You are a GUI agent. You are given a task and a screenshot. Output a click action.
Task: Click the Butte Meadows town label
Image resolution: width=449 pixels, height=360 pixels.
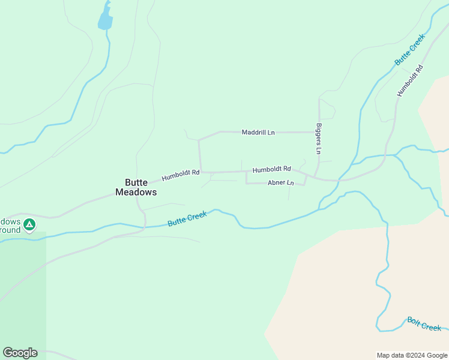click(136, 187)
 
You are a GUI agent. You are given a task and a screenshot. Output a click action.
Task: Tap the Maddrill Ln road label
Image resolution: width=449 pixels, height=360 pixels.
click(258, 132)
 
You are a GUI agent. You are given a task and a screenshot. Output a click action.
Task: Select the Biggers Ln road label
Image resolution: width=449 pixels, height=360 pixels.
click(319, 137)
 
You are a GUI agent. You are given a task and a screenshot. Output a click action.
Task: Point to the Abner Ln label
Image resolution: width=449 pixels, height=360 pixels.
click(281, 182)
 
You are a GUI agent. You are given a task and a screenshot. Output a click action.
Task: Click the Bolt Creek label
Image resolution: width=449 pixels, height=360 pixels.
click(424, 324)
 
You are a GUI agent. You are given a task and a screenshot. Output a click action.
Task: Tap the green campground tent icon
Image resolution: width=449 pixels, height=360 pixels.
click(29, 226)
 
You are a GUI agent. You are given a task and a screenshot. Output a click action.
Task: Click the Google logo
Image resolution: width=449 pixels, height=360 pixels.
click(20, 353)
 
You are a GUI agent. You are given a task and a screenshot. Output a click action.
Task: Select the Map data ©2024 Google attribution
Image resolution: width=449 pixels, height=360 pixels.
click(412, 355)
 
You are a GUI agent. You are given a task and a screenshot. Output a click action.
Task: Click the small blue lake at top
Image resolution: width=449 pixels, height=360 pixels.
click(106, 20)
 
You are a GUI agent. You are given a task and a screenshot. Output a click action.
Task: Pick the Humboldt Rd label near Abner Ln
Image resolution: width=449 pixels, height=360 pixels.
click(271, 170)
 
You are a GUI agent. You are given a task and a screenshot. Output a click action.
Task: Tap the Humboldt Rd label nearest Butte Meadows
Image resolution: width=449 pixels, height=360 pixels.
click(180, 175)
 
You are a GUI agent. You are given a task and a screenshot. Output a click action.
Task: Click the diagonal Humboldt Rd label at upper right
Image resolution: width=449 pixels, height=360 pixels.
click(410, 80)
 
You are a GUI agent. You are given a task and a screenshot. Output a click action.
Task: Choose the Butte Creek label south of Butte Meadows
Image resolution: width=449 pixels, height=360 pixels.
click(187, 218)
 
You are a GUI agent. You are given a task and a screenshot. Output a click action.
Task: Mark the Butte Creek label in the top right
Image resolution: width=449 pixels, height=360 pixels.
click(409, 50)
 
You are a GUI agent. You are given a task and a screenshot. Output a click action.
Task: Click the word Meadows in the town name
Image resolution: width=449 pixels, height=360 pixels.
click(136, 193)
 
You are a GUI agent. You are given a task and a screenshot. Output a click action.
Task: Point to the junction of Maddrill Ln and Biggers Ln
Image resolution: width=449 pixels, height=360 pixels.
click(319, 132)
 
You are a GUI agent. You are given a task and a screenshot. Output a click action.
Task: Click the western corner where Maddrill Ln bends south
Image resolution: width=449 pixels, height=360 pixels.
click(199, 140)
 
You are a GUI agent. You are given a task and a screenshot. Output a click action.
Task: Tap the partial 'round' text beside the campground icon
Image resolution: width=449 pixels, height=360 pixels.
click(10, 230)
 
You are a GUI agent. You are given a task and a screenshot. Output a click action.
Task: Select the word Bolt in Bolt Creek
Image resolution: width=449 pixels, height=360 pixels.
click(414, 321)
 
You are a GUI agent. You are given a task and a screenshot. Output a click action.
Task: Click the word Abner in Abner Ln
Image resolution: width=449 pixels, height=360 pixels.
click(276, 182)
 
